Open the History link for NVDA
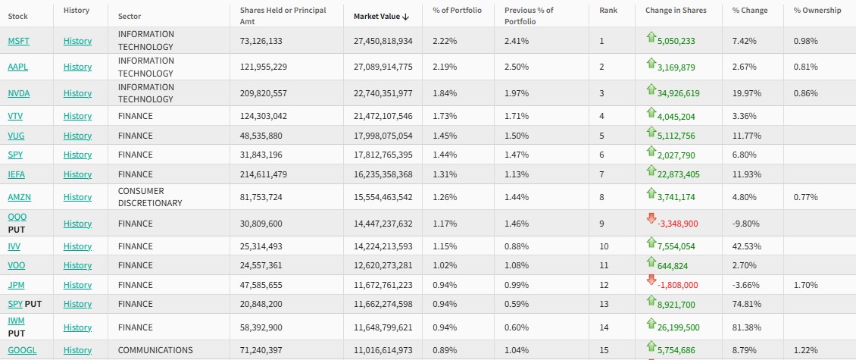pos(77,93)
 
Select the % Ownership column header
pos(817,11)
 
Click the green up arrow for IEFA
pos(650,171)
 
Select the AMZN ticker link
pos(19,197)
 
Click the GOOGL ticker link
pos(22,350)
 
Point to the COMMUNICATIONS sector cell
pos(155,350)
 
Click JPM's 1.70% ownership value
pos(805,285)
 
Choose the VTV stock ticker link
pos(15,116)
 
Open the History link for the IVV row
pos(77,246)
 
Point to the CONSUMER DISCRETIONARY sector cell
pos(150,197)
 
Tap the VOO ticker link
pos(16,266)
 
